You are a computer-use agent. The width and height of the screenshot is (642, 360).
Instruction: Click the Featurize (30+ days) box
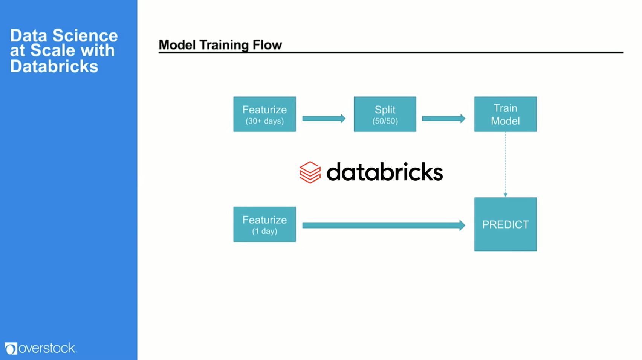(264, 114)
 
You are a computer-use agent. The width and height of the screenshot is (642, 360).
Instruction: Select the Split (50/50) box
(385, 114)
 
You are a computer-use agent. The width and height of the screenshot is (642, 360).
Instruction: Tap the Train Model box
(505, 114)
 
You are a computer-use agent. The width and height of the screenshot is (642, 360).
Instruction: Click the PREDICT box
(505, 224)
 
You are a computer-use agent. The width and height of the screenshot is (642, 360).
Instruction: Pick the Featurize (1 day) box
(264, 224)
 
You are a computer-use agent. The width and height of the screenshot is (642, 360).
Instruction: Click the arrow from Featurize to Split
(324, 119)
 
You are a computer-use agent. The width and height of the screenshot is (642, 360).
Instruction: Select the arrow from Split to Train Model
(443, 119)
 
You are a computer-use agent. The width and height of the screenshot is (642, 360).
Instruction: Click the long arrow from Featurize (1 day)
(383, 225)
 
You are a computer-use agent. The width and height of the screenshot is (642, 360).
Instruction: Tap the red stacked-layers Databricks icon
(310, 172)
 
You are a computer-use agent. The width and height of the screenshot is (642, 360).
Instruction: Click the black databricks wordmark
(384, 172)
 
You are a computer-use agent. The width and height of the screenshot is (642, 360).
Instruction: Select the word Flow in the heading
(267, 45)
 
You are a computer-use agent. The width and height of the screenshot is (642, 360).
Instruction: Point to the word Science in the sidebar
(85, 35)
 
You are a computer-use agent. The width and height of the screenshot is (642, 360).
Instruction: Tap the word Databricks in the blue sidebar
(54, 66)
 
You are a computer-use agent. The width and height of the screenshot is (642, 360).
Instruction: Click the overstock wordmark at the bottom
(47, 348)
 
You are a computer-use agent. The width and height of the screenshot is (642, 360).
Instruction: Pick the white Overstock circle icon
(11, 348)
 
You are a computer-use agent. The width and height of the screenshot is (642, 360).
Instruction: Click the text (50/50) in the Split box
(385, 121)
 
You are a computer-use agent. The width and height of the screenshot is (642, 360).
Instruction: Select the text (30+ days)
(264, 121)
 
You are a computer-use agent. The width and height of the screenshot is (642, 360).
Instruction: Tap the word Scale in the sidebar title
(52, 50)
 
